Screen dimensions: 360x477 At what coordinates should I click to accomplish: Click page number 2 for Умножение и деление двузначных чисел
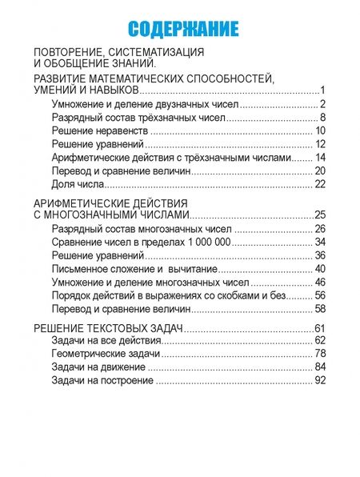[x=321, y=104]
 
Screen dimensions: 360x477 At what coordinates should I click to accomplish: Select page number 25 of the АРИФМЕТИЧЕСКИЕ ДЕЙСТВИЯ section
[x=319, y=215]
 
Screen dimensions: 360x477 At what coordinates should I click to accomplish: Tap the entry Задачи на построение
[x=111, y=381]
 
